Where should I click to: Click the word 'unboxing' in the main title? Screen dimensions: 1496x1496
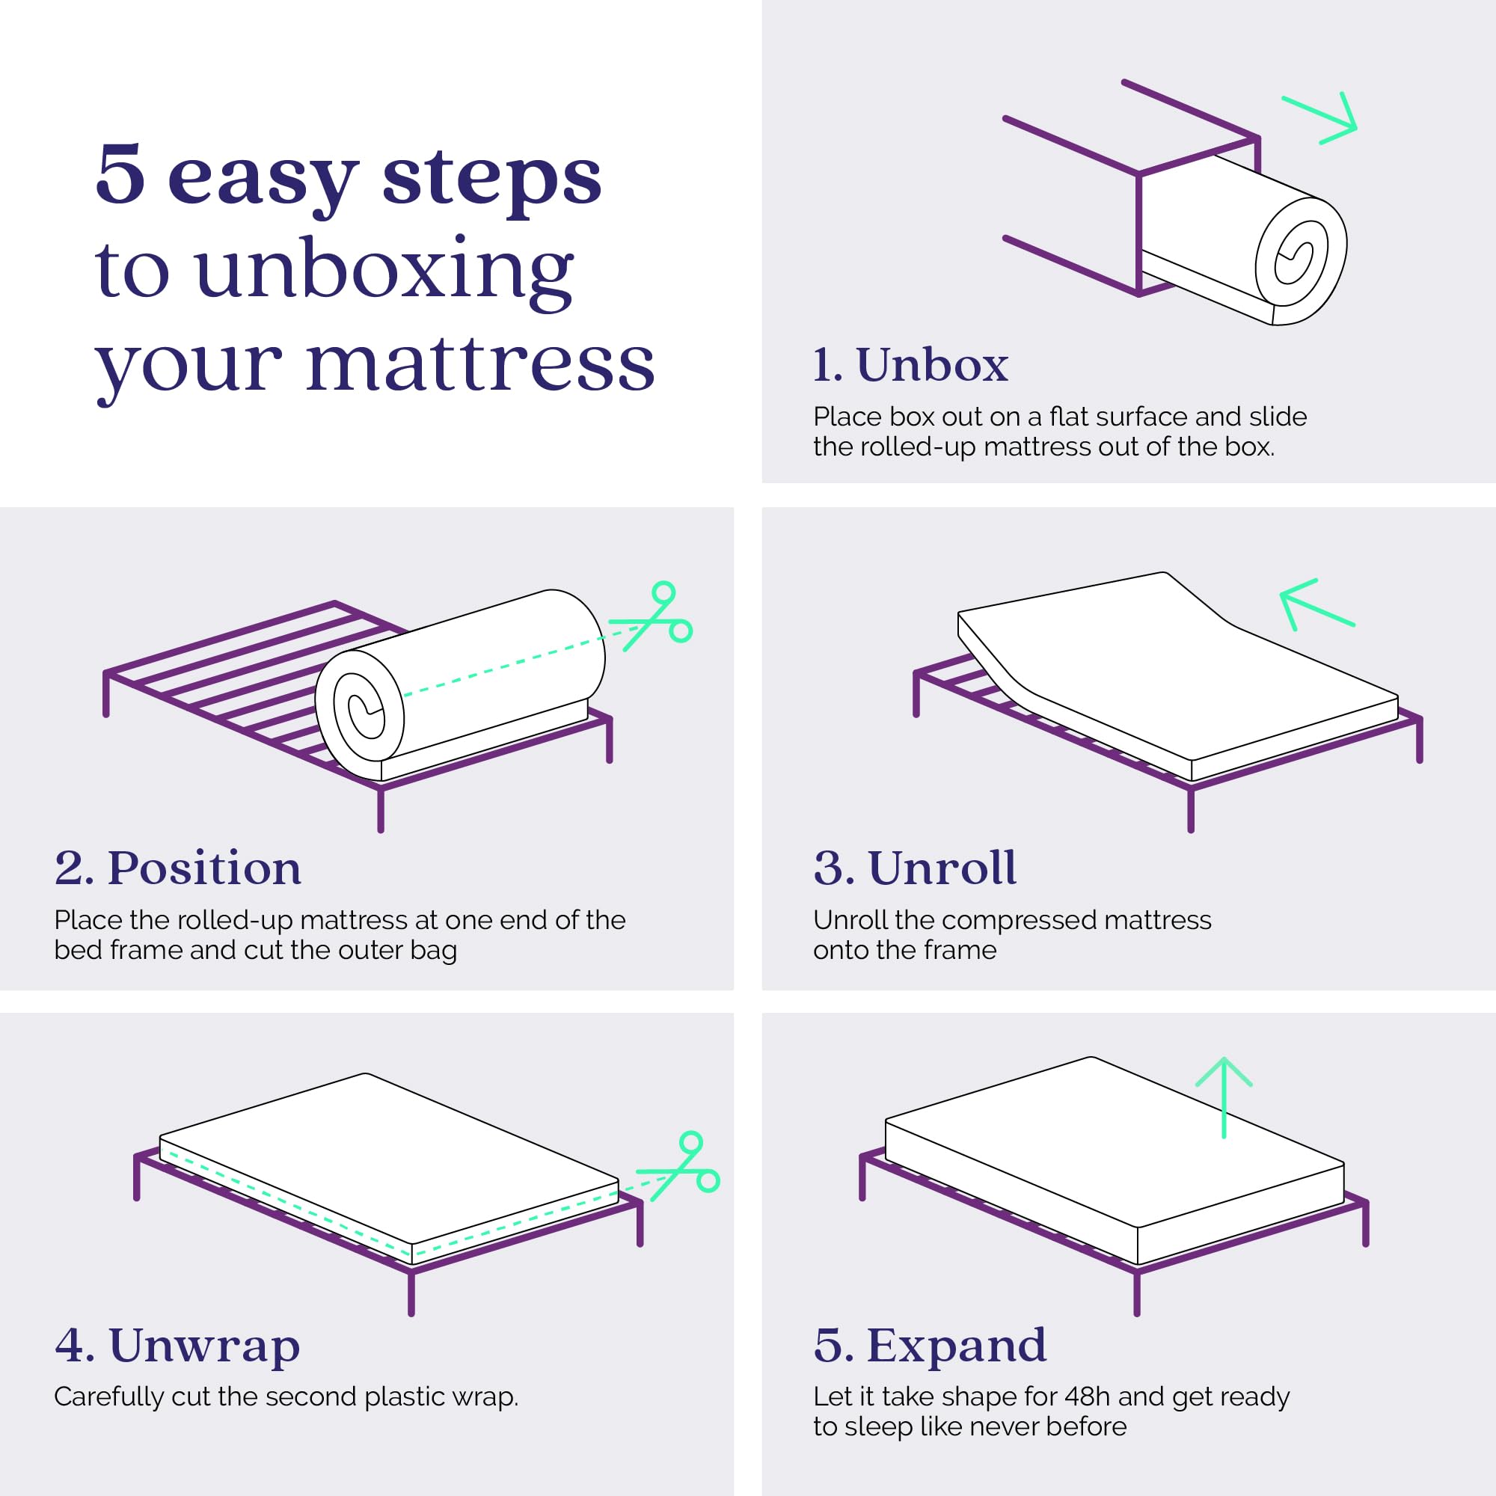pos(384,272)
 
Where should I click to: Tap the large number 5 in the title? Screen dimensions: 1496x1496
pos(120,175)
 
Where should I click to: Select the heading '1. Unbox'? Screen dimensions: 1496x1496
pos(910,365)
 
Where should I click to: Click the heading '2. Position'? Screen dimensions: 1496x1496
pos(178,867)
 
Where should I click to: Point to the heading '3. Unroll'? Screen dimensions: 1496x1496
pos(915,867)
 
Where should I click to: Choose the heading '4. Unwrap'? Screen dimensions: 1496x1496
pos(177,1345)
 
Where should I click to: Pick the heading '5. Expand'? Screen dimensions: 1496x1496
pos(930,1345)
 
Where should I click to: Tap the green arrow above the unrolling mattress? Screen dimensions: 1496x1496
pos(1316,604)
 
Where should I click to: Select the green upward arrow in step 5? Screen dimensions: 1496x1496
pos(1224,1097)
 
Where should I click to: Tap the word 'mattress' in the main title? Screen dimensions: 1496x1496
pos(480,365)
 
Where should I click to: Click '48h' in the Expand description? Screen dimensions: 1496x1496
pos(1088,1396)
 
